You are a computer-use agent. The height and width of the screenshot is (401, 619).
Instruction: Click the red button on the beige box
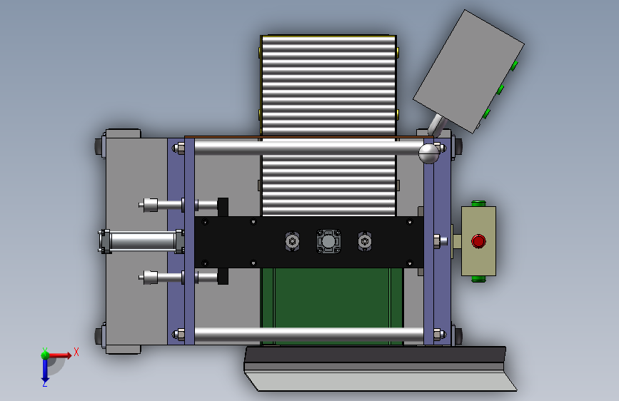478,241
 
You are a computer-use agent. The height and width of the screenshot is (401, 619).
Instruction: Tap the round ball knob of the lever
428,153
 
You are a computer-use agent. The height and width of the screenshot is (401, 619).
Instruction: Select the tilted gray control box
468,71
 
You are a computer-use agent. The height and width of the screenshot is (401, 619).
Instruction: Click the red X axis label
76,352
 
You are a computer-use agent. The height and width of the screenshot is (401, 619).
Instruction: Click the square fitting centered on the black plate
328,241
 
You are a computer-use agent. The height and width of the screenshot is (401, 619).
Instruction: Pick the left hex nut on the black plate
292,241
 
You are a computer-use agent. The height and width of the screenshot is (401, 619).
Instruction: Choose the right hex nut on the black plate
365,241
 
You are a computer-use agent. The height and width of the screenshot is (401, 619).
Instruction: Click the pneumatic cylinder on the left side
141,241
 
